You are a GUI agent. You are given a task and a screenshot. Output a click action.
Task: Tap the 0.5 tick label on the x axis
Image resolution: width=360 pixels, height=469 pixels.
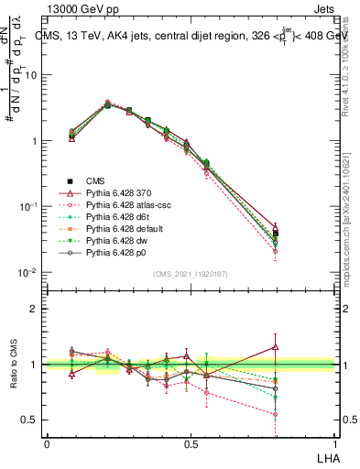pos(191,442)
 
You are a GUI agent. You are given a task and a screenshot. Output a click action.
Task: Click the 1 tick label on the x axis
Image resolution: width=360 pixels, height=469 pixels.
pos(335,442)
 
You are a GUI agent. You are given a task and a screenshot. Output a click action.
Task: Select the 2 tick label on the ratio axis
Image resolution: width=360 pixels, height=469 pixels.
pos(36,309)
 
